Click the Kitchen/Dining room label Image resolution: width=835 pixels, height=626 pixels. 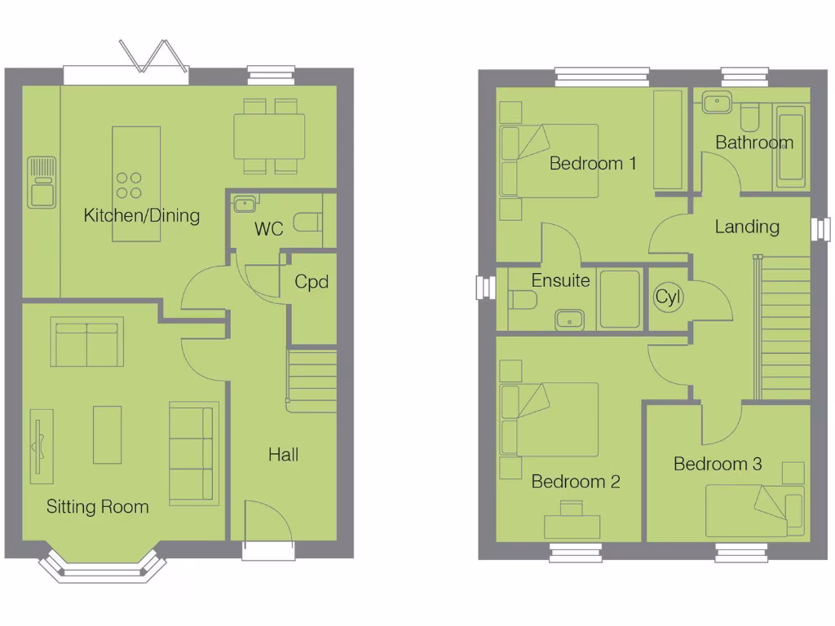[142, 215]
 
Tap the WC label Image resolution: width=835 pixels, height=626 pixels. [268, 229]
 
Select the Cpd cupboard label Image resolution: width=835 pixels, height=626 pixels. [311, 282]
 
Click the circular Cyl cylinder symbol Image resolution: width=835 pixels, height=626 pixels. [669, 298]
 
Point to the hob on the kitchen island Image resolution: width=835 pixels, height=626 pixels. [129, 185]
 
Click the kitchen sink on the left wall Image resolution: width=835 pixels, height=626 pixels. [41, 182]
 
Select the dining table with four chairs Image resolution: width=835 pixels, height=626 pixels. [270, 136]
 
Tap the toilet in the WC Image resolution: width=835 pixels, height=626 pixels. [307, 223]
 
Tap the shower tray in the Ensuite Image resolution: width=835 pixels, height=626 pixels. [620, 299]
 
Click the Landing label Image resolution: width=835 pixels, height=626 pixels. [747, 227]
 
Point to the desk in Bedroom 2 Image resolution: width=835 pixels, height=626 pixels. [572, 525]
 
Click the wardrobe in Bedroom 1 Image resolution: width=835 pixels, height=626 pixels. [668, 140]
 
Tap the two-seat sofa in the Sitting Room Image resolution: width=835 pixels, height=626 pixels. [87, 343]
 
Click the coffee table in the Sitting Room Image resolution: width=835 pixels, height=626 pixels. [107, 434]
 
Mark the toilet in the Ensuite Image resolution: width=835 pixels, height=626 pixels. [521, 300]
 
